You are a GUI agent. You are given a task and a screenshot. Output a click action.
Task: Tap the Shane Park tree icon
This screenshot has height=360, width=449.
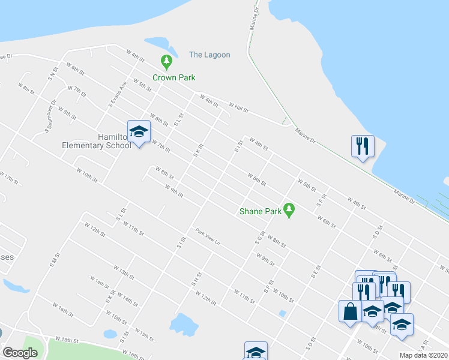290,209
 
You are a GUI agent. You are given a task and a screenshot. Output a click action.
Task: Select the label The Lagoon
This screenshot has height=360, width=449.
209,55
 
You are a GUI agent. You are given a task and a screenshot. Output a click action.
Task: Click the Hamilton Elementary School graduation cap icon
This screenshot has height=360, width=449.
139,131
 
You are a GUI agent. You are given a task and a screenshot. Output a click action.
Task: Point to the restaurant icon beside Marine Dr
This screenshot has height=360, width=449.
363,146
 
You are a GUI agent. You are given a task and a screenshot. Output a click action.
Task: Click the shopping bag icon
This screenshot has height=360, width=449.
350,311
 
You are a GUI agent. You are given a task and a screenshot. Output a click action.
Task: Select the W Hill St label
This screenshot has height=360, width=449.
238,107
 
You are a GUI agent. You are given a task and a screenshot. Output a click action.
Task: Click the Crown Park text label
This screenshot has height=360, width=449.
173,77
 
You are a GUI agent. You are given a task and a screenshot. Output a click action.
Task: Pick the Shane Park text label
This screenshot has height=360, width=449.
261,211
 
